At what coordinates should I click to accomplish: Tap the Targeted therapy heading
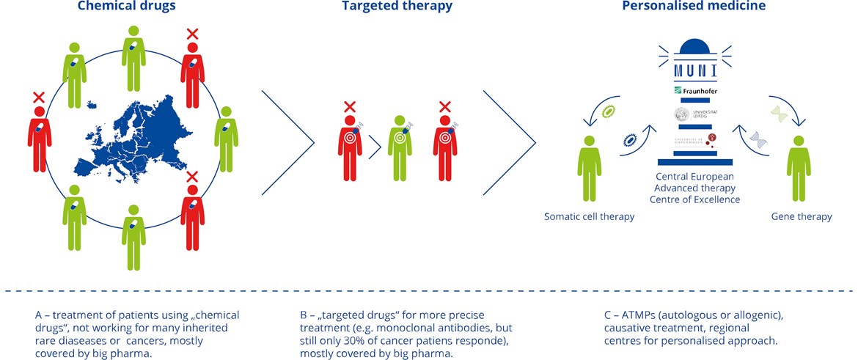tap(397, 7)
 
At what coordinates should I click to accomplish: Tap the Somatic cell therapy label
tap(589, 216)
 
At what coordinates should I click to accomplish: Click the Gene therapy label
tap(802, 216)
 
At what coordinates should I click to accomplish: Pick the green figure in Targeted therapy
tap(399, 147)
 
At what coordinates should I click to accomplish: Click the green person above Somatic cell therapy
tap(589, 166)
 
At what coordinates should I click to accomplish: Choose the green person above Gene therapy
tap(799, 166)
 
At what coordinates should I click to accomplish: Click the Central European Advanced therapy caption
tap(694, 188)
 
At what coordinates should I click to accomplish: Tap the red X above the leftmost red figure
tap(38, 97)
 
